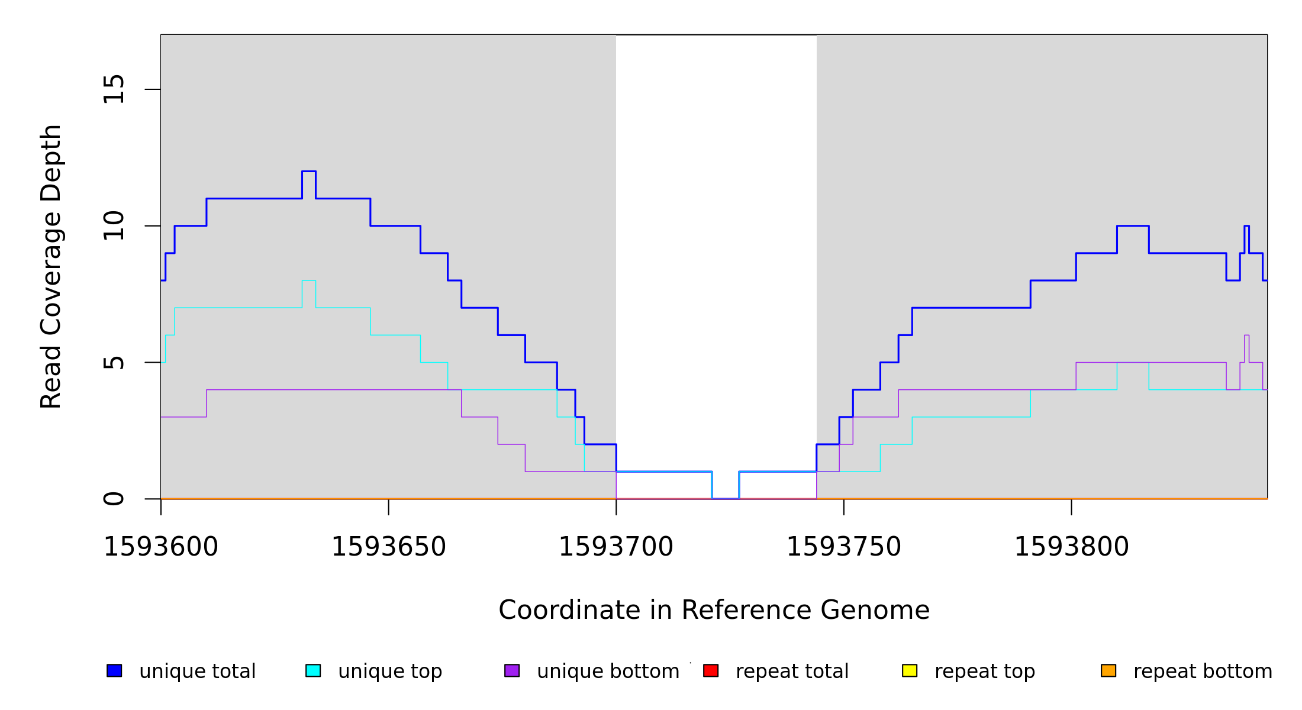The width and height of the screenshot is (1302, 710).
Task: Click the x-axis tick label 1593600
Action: tap(161, 547)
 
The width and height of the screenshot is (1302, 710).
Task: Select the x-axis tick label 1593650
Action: tap(388, 547)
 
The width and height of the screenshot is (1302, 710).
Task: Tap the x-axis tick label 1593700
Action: tap(616, 547)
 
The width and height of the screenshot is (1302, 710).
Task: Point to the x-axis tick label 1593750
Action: tap(843, 547)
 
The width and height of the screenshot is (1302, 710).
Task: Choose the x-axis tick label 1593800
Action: tap(1071, 547)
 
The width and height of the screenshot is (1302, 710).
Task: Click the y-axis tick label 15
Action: tap(114, 89)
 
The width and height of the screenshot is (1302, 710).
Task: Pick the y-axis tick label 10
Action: tap(114, 226)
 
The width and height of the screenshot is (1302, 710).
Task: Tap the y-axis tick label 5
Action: tap(114, 362)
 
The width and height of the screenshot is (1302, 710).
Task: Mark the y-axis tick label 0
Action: tap(114, 499)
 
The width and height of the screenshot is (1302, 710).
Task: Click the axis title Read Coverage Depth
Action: tap(51, 266)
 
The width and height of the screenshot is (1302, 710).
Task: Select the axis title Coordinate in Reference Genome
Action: tap(714, 611)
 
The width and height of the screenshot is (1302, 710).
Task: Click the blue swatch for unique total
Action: tap(114, 670)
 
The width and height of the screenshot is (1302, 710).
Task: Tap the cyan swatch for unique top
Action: tap(313, 670)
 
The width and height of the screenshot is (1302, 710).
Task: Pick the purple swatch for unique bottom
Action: tap(512, 670)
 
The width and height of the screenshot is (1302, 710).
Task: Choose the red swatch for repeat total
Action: tap(711, 670)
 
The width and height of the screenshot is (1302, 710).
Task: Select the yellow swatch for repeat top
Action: tap(910, 670)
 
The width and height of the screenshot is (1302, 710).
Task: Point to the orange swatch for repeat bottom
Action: tap(1108, 670)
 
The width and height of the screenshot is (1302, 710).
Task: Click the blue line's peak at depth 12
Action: tap(309, 172)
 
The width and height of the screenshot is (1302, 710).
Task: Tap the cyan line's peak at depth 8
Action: tap(309, 280)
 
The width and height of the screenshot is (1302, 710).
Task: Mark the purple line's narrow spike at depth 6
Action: tap(1246, 335)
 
